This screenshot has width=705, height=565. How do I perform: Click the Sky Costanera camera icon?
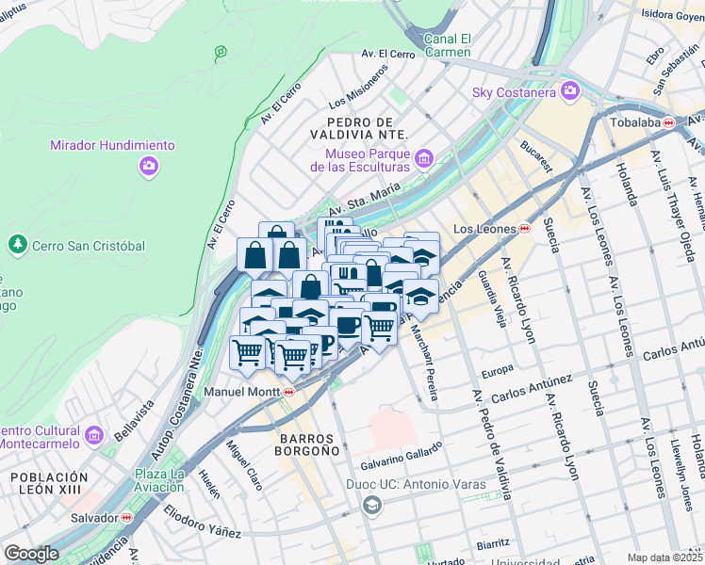[569, 90]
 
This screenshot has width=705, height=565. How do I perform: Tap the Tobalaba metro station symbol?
[668, 122]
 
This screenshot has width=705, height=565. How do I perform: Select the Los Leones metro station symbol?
[524, 229]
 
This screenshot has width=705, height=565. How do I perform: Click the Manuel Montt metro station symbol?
[288, 392]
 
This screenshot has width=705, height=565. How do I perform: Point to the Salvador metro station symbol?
[126, 517]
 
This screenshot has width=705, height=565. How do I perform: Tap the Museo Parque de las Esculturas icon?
[424, 158]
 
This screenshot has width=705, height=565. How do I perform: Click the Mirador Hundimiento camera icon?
[149, 167]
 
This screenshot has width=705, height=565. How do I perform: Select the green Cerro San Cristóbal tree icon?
[16, 245]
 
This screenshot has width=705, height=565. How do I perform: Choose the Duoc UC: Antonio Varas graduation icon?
[372, 506]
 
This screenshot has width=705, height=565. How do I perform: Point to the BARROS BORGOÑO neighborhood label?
[308, 445]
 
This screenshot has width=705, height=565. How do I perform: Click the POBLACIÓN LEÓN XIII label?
[49, 484]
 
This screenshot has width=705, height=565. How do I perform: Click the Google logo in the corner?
[31, 554]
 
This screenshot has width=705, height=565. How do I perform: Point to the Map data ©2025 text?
[665, 557]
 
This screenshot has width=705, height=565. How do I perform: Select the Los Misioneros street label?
[358, 87]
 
